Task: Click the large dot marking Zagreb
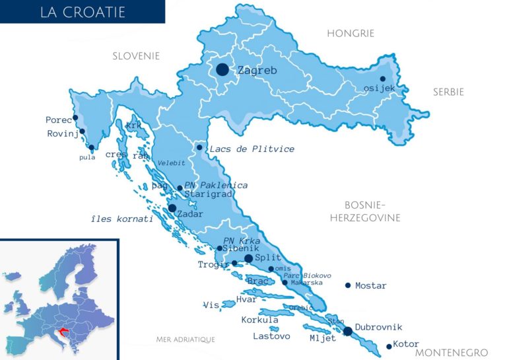click(x=222, y=69)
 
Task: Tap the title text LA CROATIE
click(x=82, y=12)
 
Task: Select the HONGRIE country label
click(x=351, y=33)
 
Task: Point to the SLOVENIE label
click(x=136, y=56)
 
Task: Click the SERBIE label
click(x=448, y=92)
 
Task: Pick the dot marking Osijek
click(x=383, y=79)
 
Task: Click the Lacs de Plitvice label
click(x=252, y=149)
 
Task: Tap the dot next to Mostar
click(x=348, y=285)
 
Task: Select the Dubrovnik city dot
click(x=348, y=331)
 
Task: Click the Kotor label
click(x=406, y=343)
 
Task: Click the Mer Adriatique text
click(x=186, y=339)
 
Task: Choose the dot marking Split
click(x=248, y=258)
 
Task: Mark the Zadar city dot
click(x=172, y=208)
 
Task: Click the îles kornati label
click(x=122, y=218)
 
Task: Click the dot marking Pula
click(x=91, y=147)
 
